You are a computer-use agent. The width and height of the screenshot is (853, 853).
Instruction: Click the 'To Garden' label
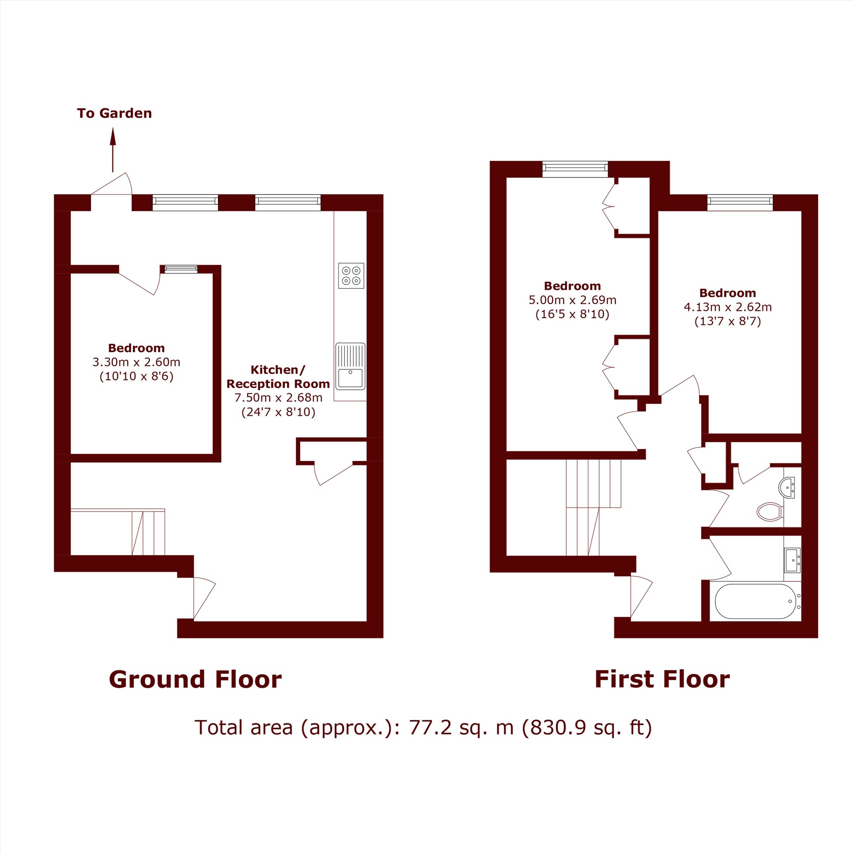pos(114,113)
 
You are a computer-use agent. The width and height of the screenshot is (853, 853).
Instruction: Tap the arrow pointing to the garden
pos(113,150)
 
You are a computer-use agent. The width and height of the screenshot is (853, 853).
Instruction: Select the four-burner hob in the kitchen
pos(351,276)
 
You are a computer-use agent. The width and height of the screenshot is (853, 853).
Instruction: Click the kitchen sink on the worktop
pos(350,366)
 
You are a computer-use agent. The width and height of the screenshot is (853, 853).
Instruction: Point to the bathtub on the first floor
pos(755,601)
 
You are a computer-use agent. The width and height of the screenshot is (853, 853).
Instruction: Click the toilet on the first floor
pos(770,512)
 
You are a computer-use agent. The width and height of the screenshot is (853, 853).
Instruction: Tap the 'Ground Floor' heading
pos(195,679)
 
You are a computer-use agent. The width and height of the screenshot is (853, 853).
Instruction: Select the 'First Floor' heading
pos(662,679)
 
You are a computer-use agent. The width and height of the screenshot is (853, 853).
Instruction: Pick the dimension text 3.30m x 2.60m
pos(136,362)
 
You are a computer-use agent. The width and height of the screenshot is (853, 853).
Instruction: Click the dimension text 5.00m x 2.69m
pos(573,300)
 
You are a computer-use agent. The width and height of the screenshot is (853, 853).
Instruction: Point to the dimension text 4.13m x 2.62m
pos(728,307)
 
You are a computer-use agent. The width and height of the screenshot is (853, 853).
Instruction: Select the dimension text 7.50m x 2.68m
pos(278,397)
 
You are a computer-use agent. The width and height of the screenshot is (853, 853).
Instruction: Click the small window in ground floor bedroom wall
pos(179,269)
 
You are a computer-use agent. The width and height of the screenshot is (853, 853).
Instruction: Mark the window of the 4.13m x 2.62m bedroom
pos(740,203)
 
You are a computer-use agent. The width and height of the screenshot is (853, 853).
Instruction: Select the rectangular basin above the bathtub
pos(792,560)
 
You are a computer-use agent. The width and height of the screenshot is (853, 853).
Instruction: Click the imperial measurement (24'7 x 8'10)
pos(278,412)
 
